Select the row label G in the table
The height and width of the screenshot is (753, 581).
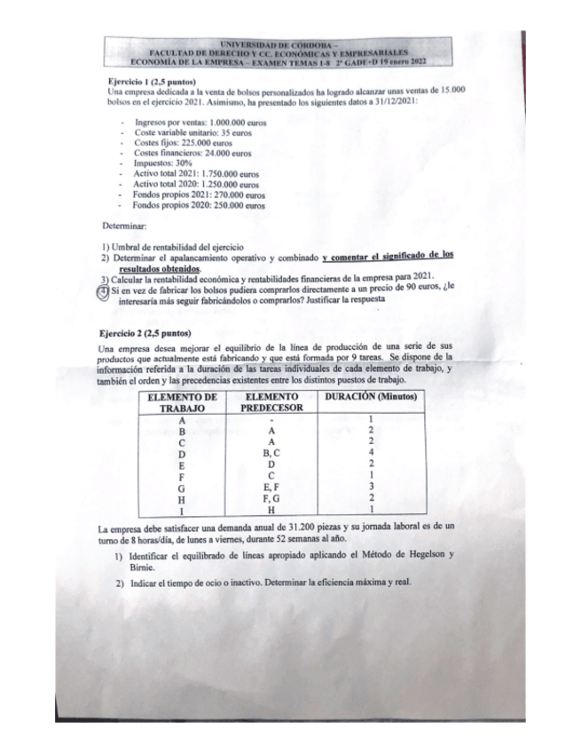tap(181, 487)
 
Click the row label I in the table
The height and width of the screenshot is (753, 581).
tap(181, 510)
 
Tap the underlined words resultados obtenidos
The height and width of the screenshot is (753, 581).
tap(159, 268)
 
